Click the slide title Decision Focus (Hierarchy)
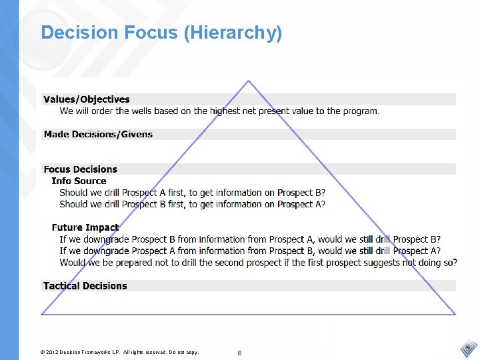click(x=161, y=32)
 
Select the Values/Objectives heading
click(x=87, y=99)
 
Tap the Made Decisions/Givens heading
click(x=98, y=134)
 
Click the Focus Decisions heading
click(x=80, y=169)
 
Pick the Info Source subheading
click(x=79, y=181)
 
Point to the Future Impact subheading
click(x=85, y=227)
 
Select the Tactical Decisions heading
click(x=85, y=286)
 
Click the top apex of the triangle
click(x=248, y=81)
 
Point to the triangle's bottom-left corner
click(x=42, y=313)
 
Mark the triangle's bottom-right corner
click(x=455, y=313)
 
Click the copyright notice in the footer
click(x=119, y=351)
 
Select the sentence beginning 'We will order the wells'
click(x=219, y=111)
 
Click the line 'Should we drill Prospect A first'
click(x=192, y=193)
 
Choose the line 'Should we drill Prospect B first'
click(x=192, y=204)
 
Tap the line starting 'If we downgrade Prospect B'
click(x=249, y=239)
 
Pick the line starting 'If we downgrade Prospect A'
click(x=249, y=251)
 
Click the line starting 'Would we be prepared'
click(x=258, y=262)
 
